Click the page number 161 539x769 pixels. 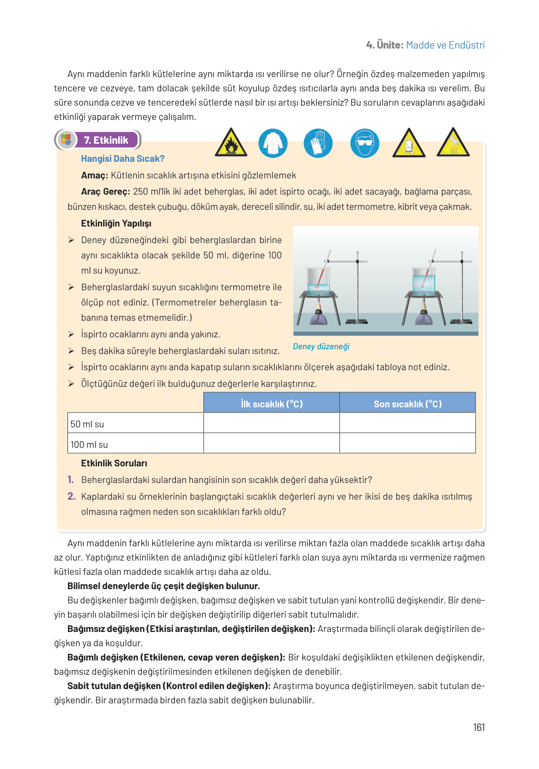[479, 727]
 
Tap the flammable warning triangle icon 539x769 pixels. [231, 143]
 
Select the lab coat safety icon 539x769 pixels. [273, 143]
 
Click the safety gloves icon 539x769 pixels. [318, 143]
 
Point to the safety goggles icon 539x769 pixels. [365, 143]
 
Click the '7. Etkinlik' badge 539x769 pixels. [106, 140]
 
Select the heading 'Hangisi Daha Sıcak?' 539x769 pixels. [123, 159]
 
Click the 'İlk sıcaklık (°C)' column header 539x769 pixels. [271, 404]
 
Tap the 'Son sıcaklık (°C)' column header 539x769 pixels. [407, 404]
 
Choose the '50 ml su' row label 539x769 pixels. [87, 424]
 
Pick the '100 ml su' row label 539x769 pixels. [89, 444]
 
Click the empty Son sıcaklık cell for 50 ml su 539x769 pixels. [407, 423]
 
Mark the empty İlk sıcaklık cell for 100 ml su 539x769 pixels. [271, 444]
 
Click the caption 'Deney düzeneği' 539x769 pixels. [321, 346]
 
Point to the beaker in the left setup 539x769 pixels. [318, 281]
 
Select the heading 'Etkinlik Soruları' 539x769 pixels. [114, 463]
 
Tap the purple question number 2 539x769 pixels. [71, 496]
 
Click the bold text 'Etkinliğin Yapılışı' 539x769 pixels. [116, 223]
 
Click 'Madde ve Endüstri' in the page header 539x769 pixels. [445, 45]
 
